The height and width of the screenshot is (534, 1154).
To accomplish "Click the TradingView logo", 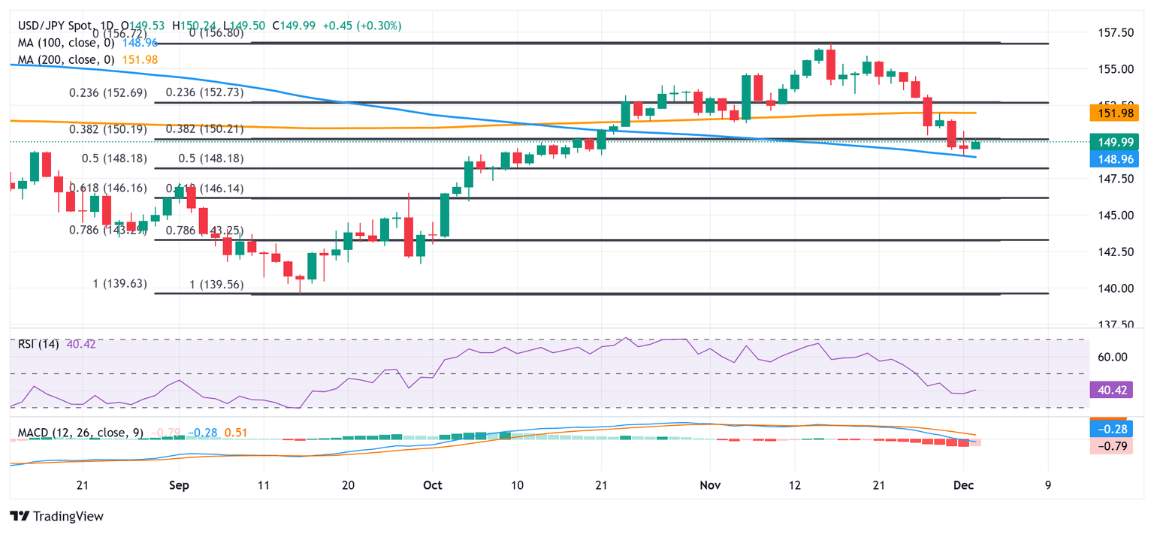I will (x=56, y=516).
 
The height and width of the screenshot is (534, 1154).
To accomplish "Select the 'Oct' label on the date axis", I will (x=432, y=485).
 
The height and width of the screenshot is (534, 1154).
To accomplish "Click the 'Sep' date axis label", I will (x=178, y=485).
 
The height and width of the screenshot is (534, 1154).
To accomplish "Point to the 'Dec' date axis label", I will (x=974, y=485).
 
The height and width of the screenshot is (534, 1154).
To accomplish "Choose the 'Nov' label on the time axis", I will (x=710, y=485).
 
